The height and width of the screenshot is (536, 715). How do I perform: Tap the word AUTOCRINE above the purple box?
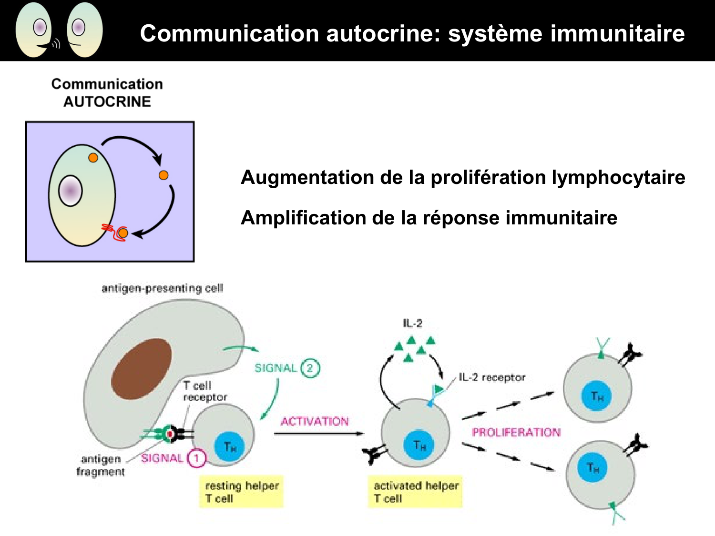107,101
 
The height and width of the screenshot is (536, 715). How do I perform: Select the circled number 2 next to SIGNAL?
310,368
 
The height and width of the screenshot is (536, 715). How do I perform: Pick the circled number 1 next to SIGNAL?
196,458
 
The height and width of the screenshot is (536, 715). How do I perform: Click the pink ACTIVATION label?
315,421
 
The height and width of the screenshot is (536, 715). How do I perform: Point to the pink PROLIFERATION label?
516,432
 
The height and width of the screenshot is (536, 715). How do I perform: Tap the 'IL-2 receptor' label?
492,377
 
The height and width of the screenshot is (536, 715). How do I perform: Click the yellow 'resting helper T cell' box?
241,492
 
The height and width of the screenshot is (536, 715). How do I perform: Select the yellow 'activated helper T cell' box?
415,492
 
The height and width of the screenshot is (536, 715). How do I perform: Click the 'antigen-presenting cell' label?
162,288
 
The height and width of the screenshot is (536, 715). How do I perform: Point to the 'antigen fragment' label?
101,465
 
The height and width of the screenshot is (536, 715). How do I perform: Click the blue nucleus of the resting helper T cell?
230,446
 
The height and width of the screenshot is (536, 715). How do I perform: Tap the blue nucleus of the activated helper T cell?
419,445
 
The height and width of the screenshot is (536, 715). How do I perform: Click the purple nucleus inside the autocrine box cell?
71,191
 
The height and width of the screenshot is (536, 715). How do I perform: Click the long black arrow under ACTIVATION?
318,434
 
